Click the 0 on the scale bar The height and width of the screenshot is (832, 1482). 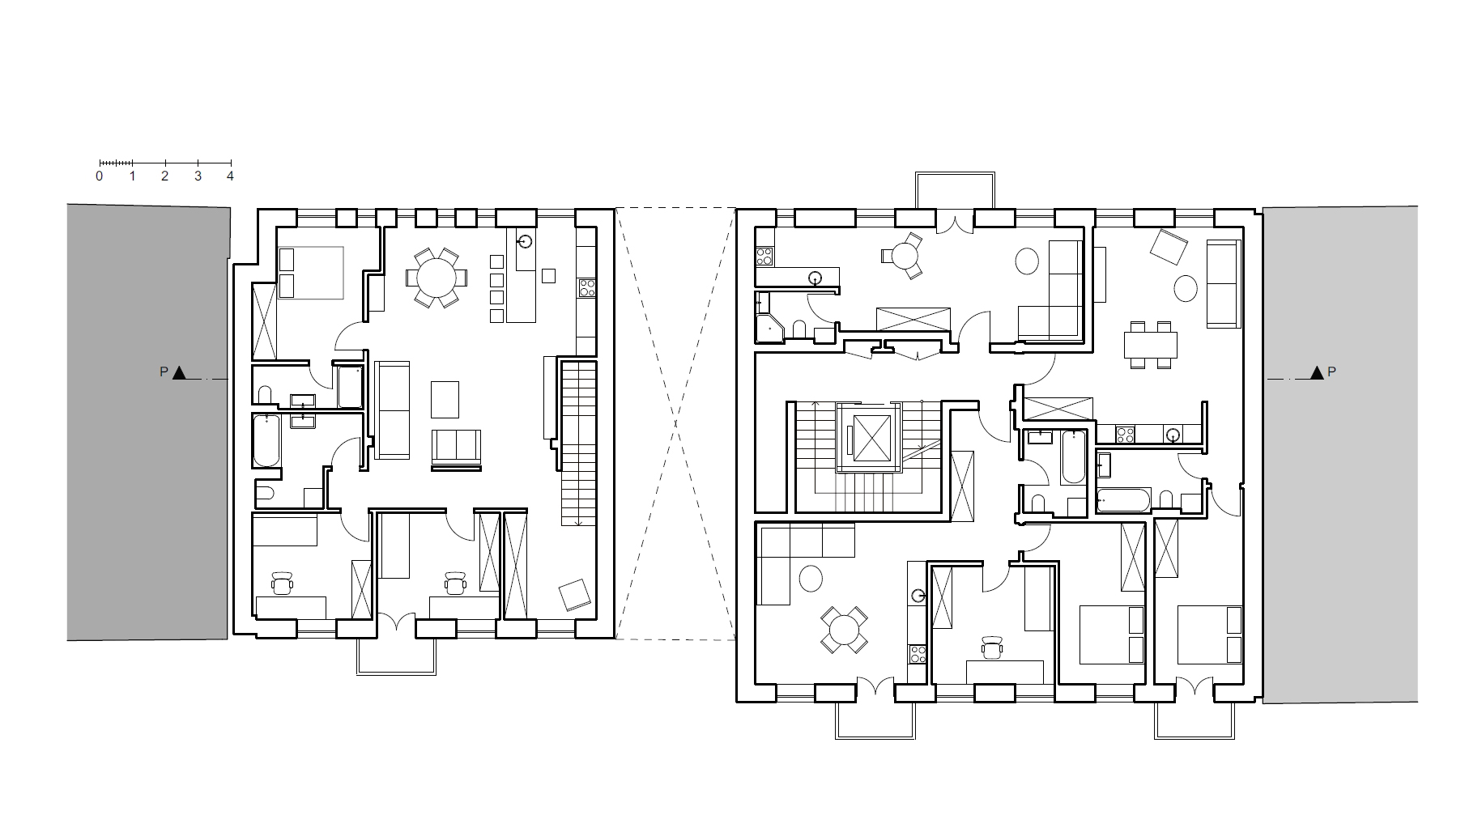[100, 176]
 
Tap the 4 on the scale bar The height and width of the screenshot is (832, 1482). [230, 176]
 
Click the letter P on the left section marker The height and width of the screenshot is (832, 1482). [164, 372]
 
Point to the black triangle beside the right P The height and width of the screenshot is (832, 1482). [1317, 372]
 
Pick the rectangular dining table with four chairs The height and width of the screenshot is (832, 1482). [1150, 345]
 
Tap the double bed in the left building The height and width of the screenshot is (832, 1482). [310, 273]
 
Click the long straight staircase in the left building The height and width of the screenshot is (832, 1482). [578, 443]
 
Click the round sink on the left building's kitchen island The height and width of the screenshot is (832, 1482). [526, 241]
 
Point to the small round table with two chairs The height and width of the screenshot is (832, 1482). [901, 257]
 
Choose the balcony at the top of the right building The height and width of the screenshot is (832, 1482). [955, 190]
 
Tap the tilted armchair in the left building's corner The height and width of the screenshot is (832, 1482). [576, 595]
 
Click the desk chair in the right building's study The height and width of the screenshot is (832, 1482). [992, 647]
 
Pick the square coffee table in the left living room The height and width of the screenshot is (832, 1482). [445, 398]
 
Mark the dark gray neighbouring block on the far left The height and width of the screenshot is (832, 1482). [148, 422]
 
